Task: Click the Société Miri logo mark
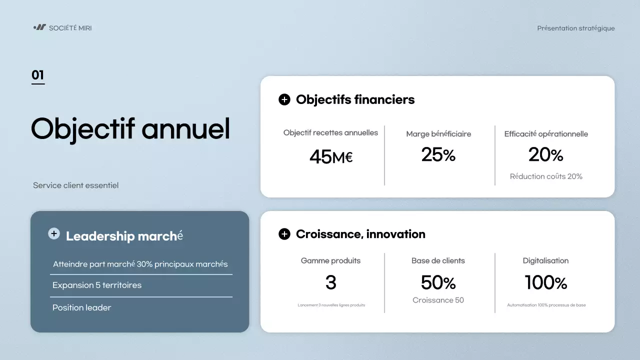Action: pyautogui.click(x=39, y=27)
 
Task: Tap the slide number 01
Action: pyautogui.click(x=37, y=75)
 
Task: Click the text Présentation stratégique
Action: pyautogui.click(x=575, y=28)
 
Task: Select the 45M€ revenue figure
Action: pyautogui.click(x=331, y=157)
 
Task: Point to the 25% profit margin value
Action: pyautogui.click(x=438, y=154)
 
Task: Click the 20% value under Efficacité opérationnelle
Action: pyautogui.click(x=545, y=154)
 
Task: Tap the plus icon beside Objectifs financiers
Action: pyautogui.click(x=284, y=99)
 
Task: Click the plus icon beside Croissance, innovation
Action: pyautogui.click(x=284, y=234)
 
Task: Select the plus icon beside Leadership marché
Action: pyautogui.click(x=54, y=233)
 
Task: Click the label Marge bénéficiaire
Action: pyautogui.click(x=438, y=134)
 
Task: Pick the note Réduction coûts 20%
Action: pyautogui.click(x=546, y=176)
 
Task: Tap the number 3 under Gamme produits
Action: pyautogui.click(x=331, y=282)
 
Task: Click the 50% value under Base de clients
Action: pyautogui.click(x=438, y=282)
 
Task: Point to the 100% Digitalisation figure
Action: pyautogui.click(x=545, y=282)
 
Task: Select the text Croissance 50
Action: pyautogui.click(x=438, y=300)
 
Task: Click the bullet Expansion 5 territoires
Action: pyautogui.click(x=97, y=285)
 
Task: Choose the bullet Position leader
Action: pyautogui.click(x=81, y=307)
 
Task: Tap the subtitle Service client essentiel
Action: pyautogui.click(x=75, y=185)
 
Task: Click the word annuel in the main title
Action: pyautogui.click(x=185, y=128)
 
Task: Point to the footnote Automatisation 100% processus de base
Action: pyautogui.click(x=546, y=305)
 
